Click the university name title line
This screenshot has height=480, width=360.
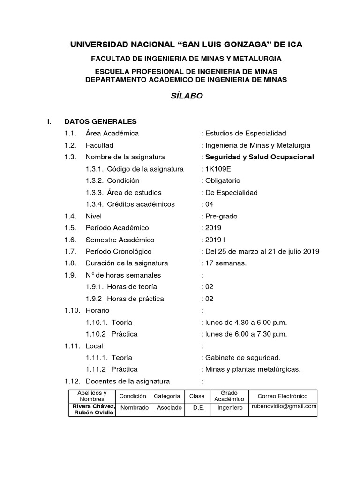click(186, 45)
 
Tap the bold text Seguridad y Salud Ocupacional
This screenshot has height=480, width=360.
click(259, 157)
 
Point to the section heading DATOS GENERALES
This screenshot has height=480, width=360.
click(100, 121)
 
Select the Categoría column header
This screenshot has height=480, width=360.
click(167, 396)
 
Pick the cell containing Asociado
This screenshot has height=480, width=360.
click(169, 408)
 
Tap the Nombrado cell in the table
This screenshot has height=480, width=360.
click(134, 408)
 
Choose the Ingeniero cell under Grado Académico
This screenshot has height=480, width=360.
click(230, 408)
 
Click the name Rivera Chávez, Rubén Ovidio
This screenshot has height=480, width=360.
click(92, 409)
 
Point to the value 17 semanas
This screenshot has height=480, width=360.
click(225, 263)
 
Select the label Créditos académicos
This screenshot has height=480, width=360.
click(141, 204)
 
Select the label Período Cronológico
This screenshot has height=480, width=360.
click(118, 251)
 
